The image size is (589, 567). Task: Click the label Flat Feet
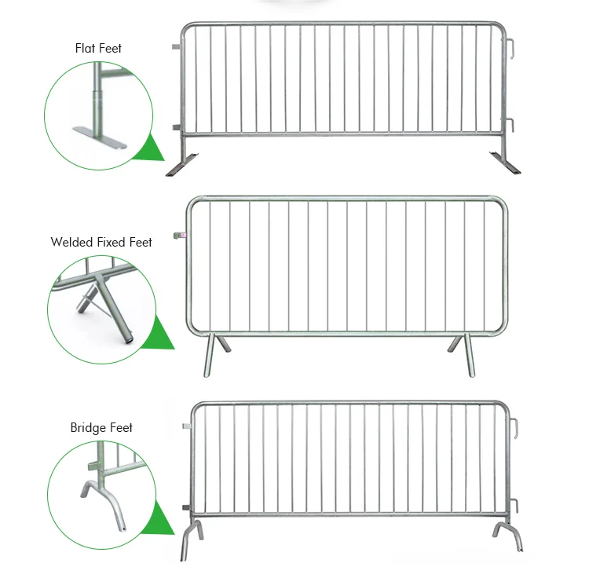click(x=98, y=49)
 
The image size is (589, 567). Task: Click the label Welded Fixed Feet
click(x=101, y=242)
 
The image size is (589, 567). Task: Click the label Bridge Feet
click(x=101, y=428)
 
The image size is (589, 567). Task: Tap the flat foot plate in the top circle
click(x=99, y=136)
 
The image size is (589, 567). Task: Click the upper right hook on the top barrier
click(x=510, y=49)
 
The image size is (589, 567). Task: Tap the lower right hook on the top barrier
click(x=510, y=126)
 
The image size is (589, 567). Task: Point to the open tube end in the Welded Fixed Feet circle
click(x=128, y=340)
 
